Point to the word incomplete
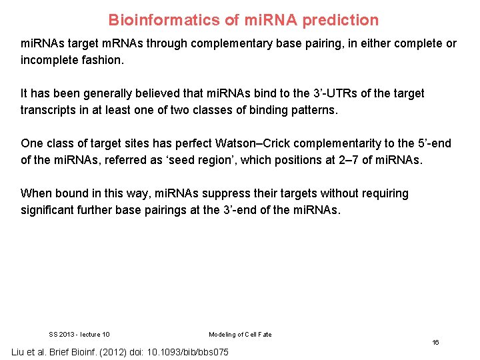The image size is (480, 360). (x=51, y=60)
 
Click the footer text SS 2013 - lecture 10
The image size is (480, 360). (x=79, y=335)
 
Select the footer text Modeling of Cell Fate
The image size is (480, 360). (x=240, y=335)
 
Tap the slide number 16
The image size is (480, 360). (x=435, y=342)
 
